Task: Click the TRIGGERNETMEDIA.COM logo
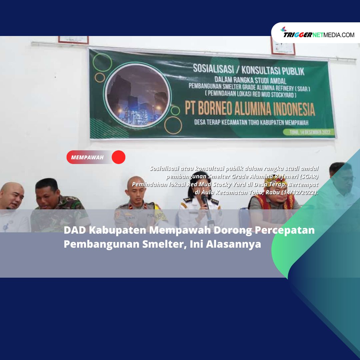[x=318, y=34]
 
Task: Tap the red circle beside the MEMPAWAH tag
[x=118, y=157]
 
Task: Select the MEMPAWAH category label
[x=87, y=157]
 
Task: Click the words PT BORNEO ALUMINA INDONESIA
[x=250, y=108]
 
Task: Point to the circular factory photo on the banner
[x=137, y=96]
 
